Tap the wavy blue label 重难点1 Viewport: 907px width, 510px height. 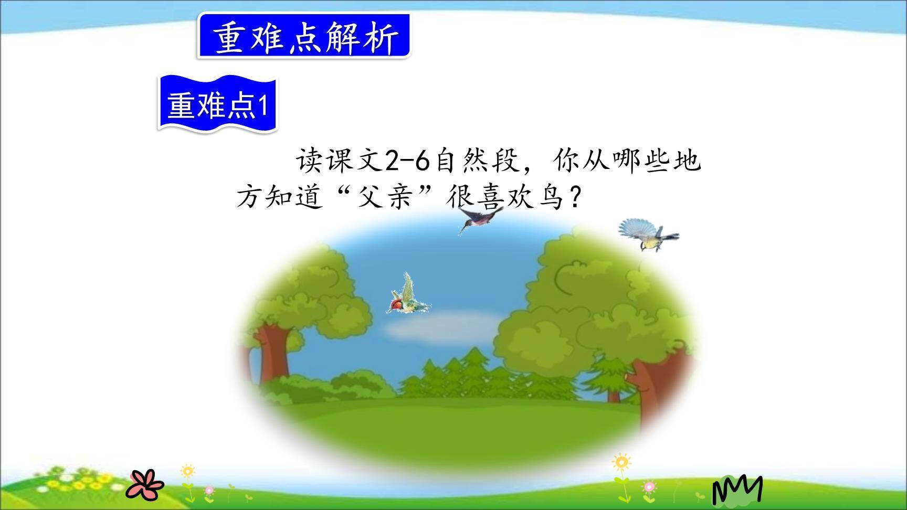[217, 105]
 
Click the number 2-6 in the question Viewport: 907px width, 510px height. [408, 161]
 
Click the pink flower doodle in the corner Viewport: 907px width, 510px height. [146, 483]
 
